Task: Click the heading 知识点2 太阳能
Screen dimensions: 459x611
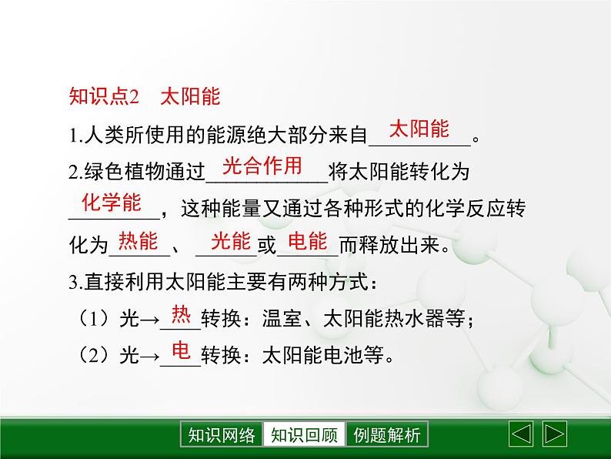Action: click(x=145, y=96)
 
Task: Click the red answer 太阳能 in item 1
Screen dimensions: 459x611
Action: click(x=419, y=129)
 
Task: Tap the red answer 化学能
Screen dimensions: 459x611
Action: click(x=112, y=203)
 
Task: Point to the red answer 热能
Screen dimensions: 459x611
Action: click(x=139, y=242)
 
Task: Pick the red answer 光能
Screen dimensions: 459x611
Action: click(x=230, y=242)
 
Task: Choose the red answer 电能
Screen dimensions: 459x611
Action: click(x=307, y=242)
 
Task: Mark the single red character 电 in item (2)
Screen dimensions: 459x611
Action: click(x=181, y=351)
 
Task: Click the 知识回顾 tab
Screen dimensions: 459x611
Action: click(x=304, y=435)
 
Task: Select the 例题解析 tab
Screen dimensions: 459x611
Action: click(x=387, y=435)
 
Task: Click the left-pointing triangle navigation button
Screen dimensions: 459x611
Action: click(x=522, y=434)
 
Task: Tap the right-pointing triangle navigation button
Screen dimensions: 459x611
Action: click(x=555, y=434)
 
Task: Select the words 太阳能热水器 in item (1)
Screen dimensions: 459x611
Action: click(x=383, y=320)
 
